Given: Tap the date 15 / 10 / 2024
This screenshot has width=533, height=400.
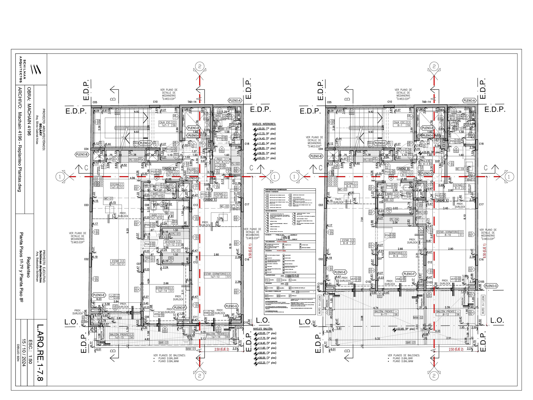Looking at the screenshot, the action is (x=24, y=353).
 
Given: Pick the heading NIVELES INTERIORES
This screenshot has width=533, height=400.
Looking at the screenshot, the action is (x=264, y=124).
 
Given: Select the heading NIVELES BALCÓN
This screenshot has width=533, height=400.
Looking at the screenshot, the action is (x=263, y=329).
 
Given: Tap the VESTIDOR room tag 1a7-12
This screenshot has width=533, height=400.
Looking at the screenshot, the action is (x=173, y=243).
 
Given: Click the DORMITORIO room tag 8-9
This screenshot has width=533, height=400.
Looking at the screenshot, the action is (x=398, y=254).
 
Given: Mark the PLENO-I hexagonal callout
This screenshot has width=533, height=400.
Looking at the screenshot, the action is (x=193, y=136).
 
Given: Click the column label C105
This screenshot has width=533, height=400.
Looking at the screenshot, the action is (x=481, y=282).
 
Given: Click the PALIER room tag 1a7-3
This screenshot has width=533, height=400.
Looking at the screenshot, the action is (x=193, y=171).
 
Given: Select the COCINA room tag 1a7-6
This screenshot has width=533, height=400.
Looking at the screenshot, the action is (x=117, y=186).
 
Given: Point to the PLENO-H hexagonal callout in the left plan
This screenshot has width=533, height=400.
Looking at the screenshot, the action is (x=193, y=128).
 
